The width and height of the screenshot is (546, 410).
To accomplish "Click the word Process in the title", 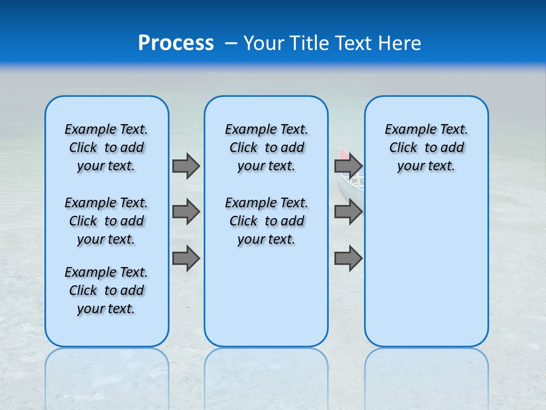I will coord(176,43).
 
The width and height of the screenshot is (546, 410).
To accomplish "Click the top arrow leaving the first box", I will coord(186,166).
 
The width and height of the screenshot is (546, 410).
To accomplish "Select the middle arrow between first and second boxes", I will coord(186,212).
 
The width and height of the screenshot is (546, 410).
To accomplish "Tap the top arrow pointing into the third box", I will coord(348,166).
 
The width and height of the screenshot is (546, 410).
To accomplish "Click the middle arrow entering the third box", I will coord(348,212).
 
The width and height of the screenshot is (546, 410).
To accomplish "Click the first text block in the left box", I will coord(106,147).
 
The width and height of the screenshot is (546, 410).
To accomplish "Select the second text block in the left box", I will coord(106,221).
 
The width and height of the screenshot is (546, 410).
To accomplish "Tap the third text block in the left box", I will coord(106,290).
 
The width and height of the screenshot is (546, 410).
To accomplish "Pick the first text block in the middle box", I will coord(266,147).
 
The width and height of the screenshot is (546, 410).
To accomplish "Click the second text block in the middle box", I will coord(266,221).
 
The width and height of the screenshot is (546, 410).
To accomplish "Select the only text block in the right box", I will coord(426,147).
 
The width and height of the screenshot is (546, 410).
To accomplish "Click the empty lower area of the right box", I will coord(426,273).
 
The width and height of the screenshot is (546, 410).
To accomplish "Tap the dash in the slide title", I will coord(231,43).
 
